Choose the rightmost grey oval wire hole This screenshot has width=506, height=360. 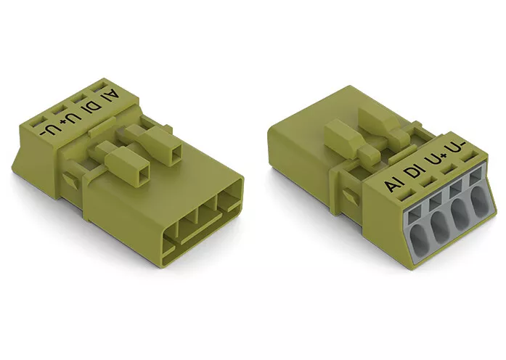[480, 203]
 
